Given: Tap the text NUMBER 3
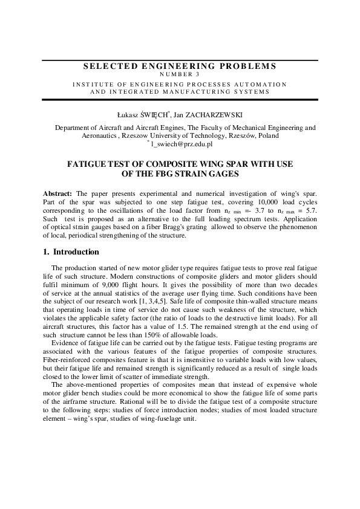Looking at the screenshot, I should click(x=180, y=74).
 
